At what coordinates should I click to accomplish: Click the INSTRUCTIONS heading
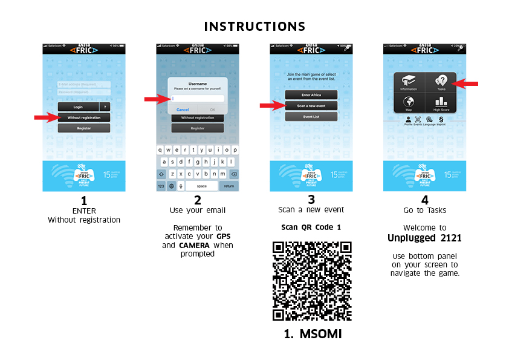[254, 27]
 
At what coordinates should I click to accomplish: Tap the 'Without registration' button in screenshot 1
[84, 117]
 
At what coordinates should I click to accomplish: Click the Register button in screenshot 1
[84, 128]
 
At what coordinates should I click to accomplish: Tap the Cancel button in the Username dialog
[182, 110]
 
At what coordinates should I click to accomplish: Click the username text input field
[197, 99]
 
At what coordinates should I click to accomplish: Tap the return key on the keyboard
[229, 186]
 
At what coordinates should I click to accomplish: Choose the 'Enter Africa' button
[311, 95]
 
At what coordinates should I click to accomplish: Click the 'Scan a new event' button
[311, 106]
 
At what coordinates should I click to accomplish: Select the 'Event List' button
[311, 116]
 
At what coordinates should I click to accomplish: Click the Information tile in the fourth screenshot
[409, 83]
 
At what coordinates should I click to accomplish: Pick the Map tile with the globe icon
[409, 102]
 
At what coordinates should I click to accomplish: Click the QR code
[312, 281]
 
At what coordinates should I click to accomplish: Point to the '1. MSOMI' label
[313, 334]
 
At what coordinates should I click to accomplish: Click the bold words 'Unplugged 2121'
[424, 238]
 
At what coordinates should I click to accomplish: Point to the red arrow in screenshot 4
[467, 83]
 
